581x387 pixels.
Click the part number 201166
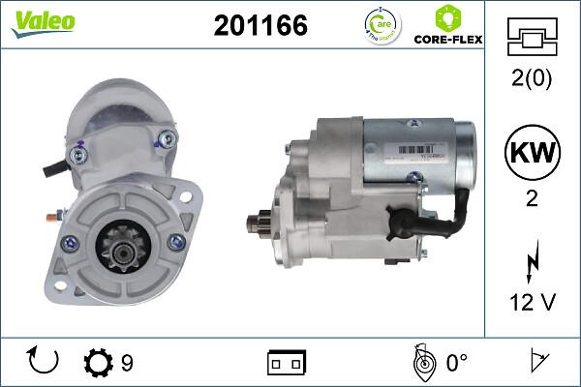pyautogui.click(x=260, y=26)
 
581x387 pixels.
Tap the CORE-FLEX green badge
pyautogui.click(x=447, y=26)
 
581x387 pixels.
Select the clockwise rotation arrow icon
pyautogui.click(x=44, y=362)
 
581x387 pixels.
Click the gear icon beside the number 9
pyautogui.click(x=98, y=363)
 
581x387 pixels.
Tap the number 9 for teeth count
pyautogui.click(x=127, y=363)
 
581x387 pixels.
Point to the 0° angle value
pyautogui.click(x=456, y=363)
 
